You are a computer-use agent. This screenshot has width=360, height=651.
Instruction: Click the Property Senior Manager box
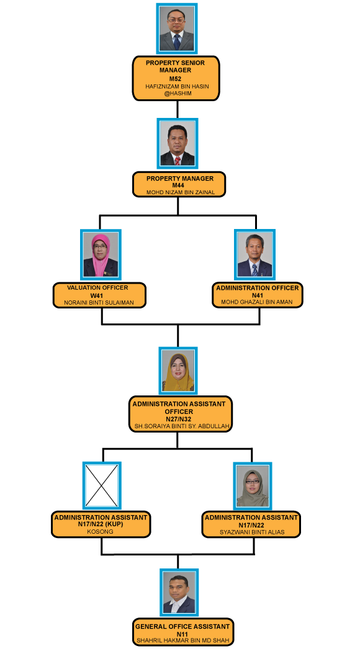pyautogui.click(x=176, y=78)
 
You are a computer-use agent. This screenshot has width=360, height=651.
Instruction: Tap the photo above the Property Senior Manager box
pyautogui.click(x=177, y=29)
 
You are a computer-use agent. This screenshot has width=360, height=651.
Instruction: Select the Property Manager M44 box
pyautogui.click(x=179, y=185)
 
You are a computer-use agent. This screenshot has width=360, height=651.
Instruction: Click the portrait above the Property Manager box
pyautogui.click(x=178, y=143)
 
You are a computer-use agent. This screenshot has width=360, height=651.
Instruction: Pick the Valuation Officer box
pyautogui.click(x=99, y=295)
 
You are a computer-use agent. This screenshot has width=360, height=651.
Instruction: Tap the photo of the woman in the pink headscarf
pyautogui.click(x=101, y=254)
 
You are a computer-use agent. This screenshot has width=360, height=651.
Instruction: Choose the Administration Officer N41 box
pyautogui.click(x=258, y=295)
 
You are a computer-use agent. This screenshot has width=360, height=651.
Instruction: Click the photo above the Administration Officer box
pyautogui.click(x=254, y=254)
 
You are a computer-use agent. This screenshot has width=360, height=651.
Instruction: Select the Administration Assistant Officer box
pyautogui.click(x=180, y=414)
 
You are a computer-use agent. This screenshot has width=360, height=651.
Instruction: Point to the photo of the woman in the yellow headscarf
pyautogui.click(x=178, y=370)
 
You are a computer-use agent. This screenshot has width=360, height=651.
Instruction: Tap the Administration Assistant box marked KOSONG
pyautogui.click(x=101, y=524)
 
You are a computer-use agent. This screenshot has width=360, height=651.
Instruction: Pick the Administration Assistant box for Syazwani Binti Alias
pyautogui.click(x=251, y=524)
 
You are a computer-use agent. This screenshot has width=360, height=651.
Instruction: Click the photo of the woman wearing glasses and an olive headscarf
pyautogui.click(x=253, y=486)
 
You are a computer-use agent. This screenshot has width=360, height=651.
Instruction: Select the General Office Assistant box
pyautogui.click(x=182, y=633)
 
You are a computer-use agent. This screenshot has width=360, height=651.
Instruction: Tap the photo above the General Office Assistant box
pyautogui.click(x=179, y=593)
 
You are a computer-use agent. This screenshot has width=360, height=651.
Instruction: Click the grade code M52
pyautogui.click(x=175, y=78)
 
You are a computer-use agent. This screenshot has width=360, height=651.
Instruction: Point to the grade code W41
pyautogui.click(x=97, y=295)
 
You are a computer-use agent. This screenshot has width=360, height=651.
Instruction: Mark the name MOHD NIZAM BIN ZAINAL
pyautogui.click(x=181, y=192)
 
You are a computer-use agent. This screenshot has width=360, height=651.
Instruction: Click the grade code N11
pyautogui.click(x=182, y=634)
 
